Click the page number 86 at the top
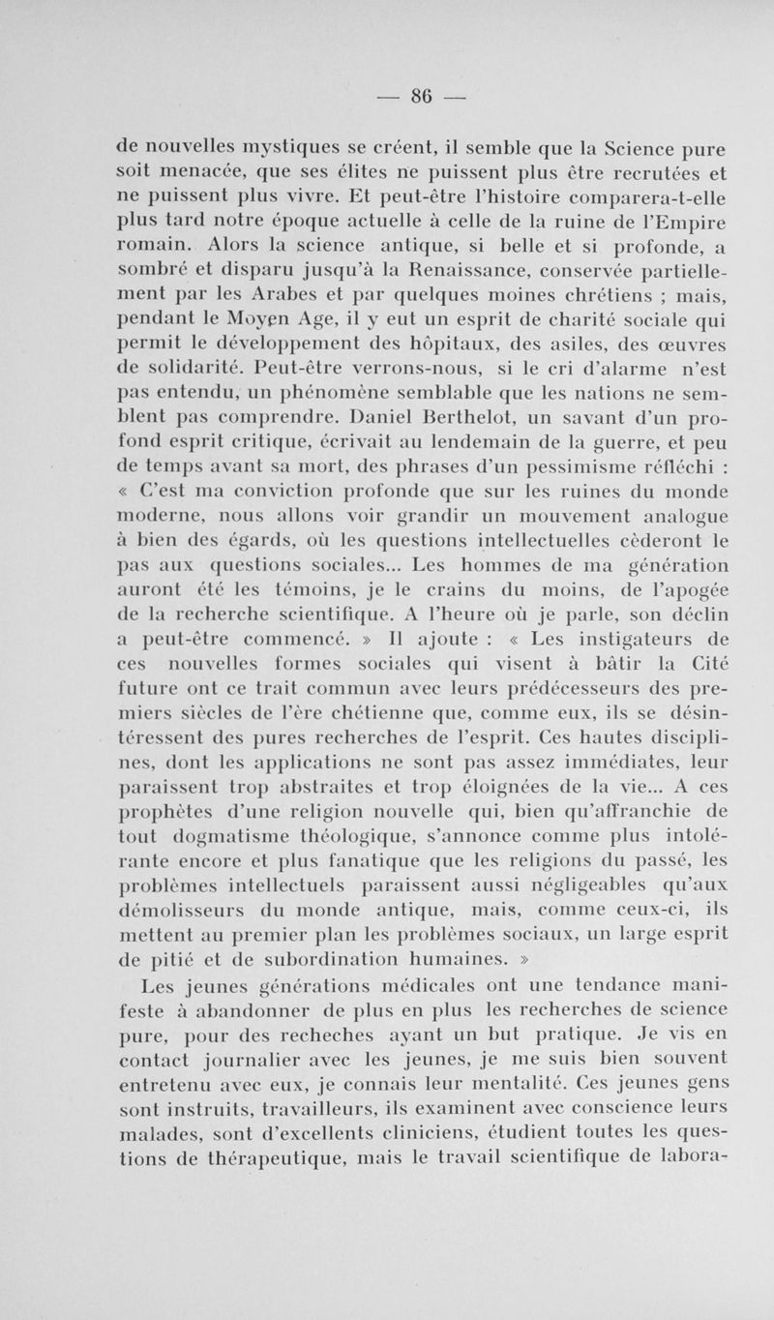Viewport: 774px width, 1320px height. (421, 96)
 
